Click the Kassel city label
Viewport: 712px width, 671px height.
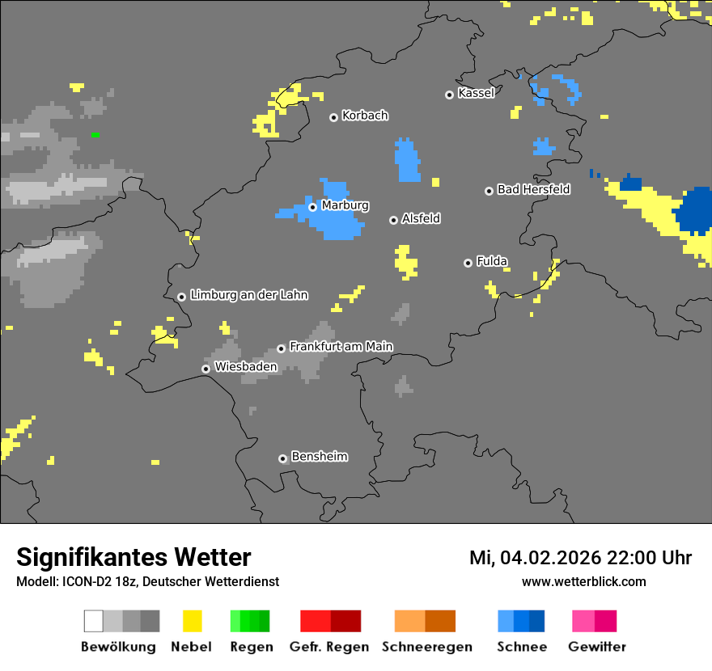tap(476, 93)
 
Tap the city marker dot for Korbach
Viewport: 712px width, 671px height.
tap(333, 117)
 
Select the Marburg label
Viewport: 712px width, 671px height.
tap(345, 205)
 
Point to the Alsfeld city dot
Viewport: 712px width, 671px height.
tap(393, 220)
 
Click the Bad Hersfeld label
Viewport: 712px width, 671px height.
tap(533, 189)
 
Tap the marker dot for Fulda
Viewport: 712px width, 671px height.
tap(468, 263)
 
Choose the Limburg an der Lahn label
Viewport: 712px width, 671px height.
tap(248, 295)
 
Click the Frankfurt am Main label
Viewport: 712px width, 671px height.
tap(341, 346)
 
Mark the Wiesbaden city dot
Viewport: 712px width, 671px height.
tap(206, 369)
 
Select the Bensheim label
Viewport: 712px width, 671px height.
tap(319, 456)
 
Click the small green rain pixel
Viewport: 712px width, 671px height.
tap(95, 134)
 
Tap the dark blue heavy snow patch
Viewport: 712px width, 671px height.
tap(694, 209)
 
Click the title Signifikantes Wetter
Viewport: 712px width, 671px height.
tap(133, 557)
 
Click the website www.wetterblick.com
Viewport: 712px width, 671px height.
tap(583, 581)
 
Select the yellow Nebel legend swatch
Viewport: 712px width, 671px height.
tap(192, 621)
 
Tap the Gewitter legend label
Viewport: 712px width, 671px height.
tap(597, 647)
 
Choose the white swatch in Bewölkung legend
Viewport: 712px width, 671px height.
tap(93, 621)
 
